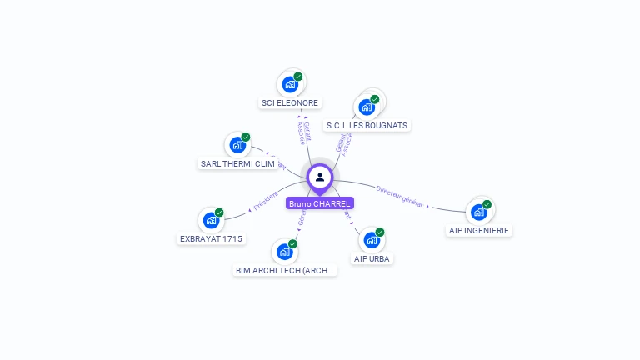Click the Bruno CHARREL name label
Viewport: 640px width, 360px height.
[x=320, y=203]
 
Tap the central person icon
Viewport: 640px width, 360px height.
[x=320, y=177]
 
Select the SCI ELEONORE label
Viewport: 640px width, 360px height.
[x=290, y=103]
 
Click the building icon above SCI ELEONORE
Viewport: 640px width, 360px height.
[x=290, y=84]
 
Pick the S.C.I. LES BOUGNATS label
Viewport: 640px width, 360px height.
[x=367, y=126]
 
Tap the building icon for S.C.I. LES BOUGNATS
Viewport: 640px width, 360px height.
[x=366, y=107]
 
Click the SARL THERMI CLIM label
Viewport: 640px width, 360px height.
[x=237, y=163]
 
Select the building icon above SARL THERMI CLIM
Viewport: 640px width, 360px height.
[x=237, y=145]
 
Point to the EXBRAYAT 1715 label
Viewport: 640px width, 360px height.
[x=212, y=239]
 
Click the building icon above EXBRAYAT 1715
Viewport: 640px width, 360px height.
[x=211, y=221]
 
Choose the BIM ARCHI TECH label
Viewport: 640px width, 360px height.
[x=285, y=270]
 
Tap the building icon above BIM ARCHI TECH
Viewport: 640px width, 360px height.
[x=284, y=251]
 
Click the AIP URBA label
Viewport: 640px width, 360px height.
[x=372, y=258]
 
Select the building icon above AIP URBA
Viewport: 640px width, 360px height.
[x=372, y=240]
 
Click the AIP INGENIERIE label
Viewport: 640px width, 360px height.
[x=479, y=230]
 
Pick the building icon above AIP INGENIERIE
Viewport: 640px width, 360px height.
[x=478, y=212]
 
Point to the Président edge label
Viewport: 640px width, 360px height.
[x=265, y=201]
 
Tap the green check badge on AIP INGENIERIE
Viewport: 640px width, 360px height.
[x=487, y=204]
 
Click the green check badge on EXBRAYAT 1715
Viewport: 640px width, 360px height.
[x=219, y=212]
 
